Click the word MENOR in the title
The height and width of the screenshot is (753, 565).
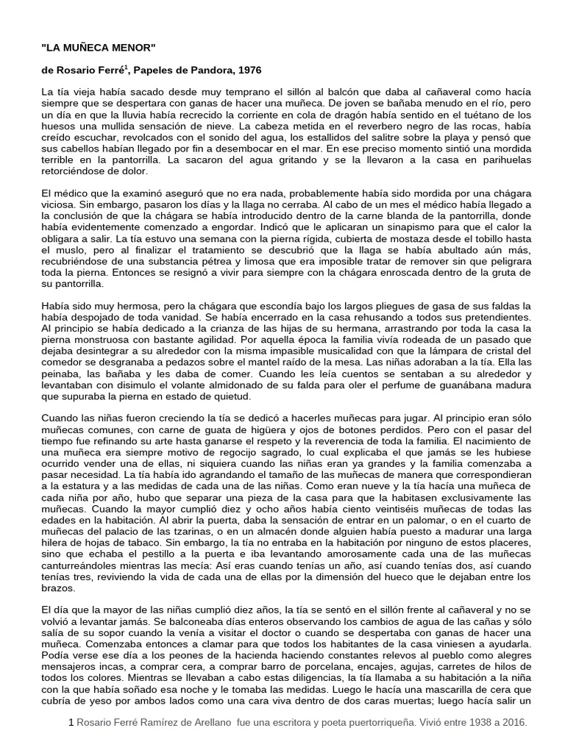[133, 46]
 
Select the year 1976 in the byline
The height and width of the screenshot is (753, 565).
[246, 70]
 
